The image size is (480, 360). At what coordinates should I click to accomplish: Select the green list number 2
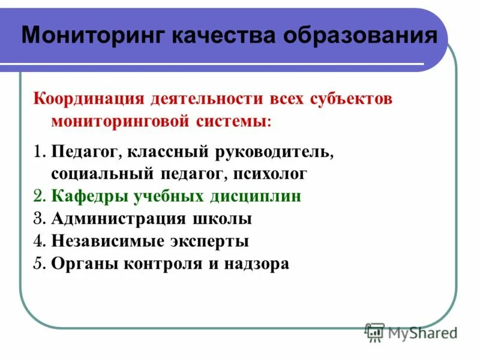click(38, 197)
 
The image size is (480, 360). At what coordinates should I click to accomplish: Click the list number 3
click(38, 219)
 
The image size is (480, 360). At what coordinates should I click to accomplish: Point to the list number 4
click(38, 241)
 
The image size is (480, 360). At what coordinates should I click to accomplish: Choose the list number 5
click(38, 263)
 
